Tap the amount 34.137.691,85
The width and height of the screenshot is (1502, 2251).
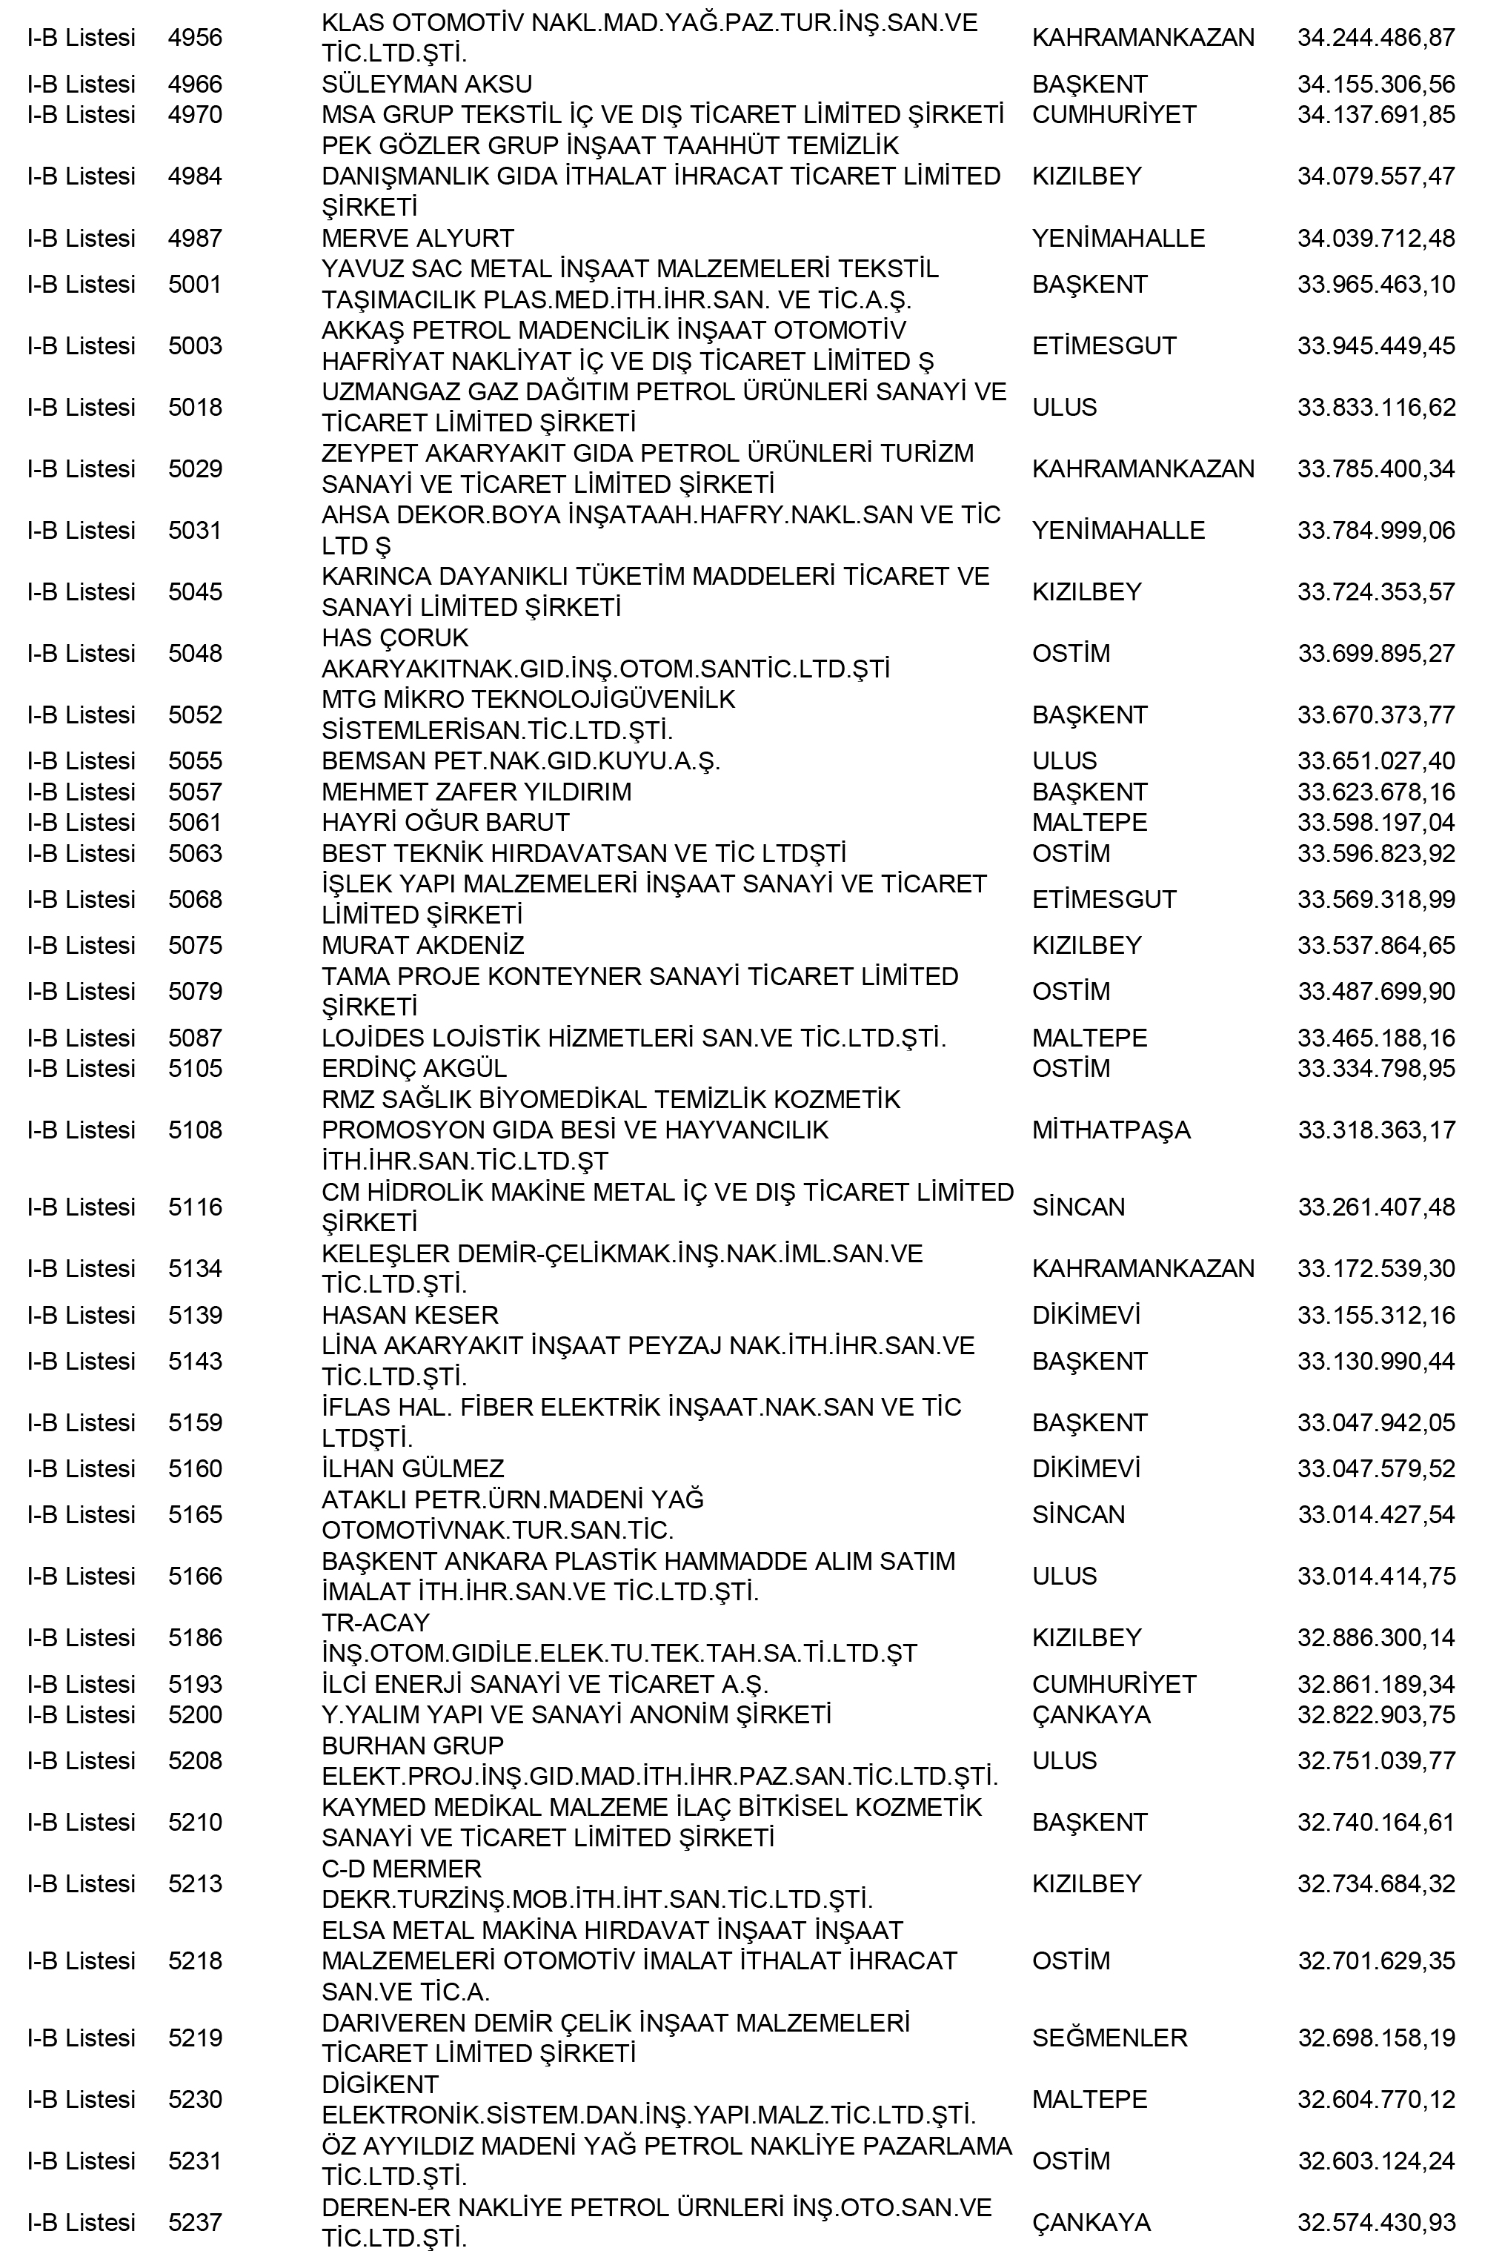(1375, 115)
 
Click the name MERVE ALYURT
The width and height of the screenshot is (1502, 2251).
(418, 239)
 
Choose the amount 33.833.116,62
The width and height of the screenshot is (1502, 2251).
(1375, 408)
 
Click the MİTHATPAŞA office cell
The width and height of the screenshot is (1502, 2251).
(1111, 1130)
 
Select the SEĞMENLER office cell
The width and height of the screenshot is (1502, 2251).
(1109, 2038)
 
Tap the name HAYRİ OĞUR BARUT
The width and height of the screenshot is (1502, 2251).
(445, 823)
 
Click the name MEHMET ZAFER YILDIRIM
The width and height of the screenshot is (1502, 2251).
(476, 792)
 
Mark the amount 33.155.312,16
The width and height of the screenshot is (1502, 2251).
(1375, 1315)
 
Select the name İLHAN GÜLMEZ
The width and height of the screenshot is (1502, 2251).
(413, 1468)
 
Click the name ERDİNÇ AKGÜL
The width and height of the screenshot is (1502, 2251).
(413, 1068)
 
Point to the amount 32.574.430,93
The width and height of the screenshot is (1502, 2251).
(1375, 2222)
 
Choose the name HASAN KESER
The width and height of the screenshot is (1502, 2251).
(410, 1315)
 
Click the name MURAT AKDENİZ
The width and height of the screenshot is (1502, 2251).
(422, 946)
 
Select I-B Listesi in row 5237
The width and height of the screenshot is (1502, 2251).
(82, 2222)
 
